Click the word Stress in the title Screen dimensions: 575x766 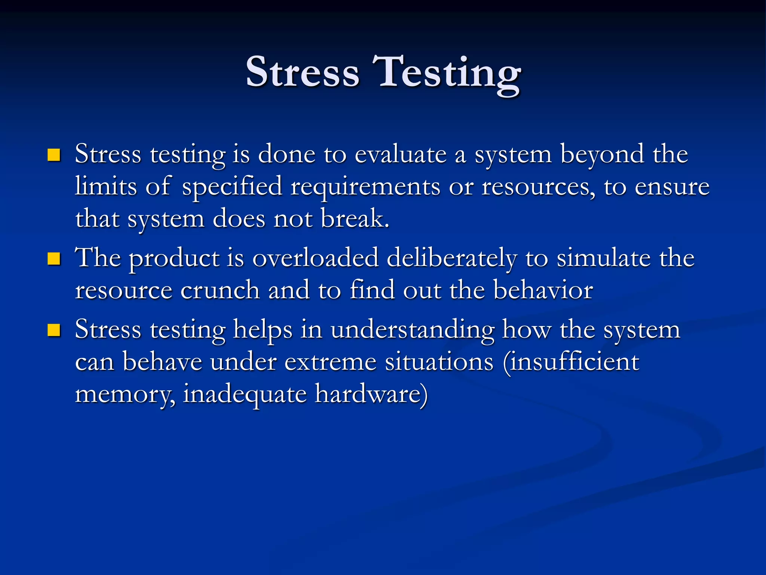tap(302, 72)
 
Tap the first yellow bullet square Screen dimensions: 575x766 tap(54, 155)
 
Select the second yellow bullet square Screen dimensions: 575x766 tap(54, 258)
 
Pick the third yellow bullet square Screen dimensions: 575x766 tap(54, 330)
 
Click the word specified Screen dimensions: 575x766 tap(232, 187)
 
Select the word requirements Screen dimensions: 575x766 tap(365, 187)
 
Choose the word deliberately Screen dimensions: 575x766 tap(452, 259)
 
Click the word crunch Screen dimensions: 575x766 tap(220, 290)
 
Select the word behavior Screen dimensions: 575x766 tap(543, 290)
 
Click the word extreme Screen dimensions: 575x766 tap(330, 362)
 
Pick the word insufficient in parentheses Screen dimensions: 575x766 tap(574, 362)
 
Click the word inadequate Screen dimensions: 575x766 tap(245, 395)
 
